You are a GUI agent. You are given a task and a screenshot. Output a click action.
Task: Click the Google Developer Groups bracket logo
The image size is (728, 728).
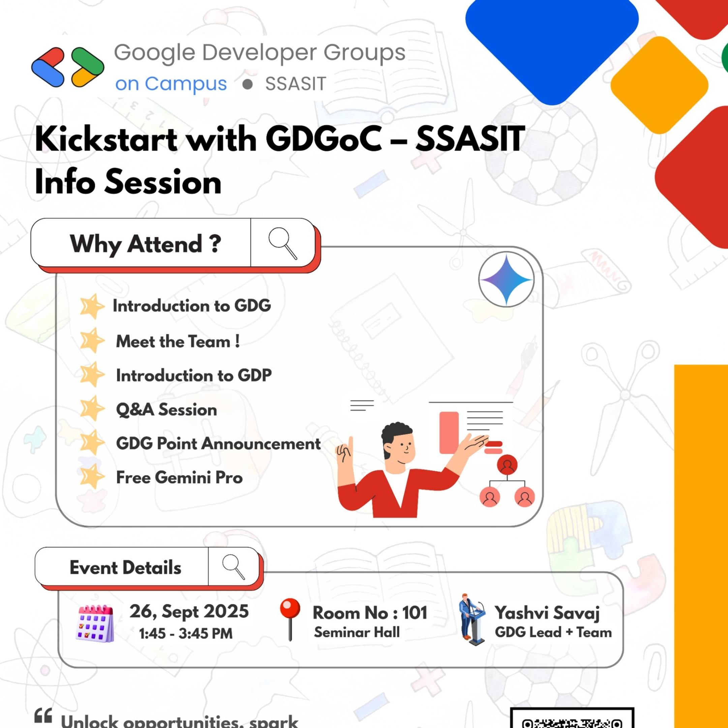pyautogui.click(x=68, y=67)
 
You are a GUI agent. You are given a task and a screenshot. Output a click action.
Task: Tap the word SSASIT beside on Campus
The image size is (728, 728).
pyautogui.click(x=296, y=84)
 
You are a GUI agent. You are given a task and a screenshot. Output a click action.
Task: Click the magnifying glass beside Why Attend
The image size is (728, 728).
pyautogui.click(x=283, y=243)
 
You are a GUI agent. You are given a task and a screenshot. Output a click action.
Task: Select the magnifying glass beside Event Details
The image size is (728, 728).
pyautogui.click(x=234, y=567)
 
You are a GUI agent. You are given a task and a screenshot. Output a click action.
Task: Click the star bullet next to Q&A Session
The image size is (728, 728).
pyautogui.click(x=92, y=408)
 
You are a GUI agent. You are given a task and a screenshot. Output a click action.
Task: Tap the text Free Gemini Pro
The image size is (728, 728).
pyautogui.click(x=179, y=478)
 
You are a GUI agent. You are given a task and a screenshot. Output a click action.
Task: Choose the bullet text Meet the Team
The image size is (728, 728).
pyautogui.click(x=178, y=341)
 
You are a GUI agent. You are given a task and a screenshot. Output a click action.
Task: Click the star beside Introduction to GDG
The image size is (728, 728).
pyautogui.click(x=92, y=306)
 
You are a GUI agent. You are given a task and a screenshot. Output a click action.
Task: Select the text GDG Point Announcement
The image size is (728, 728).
pyautogui.click(x=218, y=444)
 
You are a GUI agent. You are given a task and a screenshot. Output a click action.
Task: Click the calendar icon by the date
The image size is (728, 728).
pyautogui.click(x=96, y=624)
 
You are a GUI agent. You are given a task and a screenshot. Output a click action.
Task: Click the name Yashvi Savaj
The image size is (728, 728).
pyautogui.click(x=547, y=613)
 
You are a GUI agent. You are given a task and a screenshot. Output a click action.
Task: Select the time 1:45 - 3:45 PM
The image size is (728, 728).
pyautogui.click(x=186, y=634)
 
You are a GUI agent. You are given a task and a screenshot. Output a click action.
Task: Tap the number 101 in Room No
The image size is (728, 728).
pyautogui.click(x=415, y=613)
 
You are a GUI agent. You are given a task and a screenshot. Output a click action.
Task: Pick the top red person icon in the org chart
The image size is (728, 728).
pyautogui.click(x=507, y=465)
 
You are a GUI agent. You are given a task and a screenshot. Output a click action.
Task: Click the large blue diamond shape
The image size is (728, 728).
pyautogui.click(x=552, y=41)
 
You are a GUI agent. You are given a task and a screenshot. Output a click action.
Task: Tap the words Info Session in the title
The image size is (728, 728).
pyautogui.click(x=128, y=182)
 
